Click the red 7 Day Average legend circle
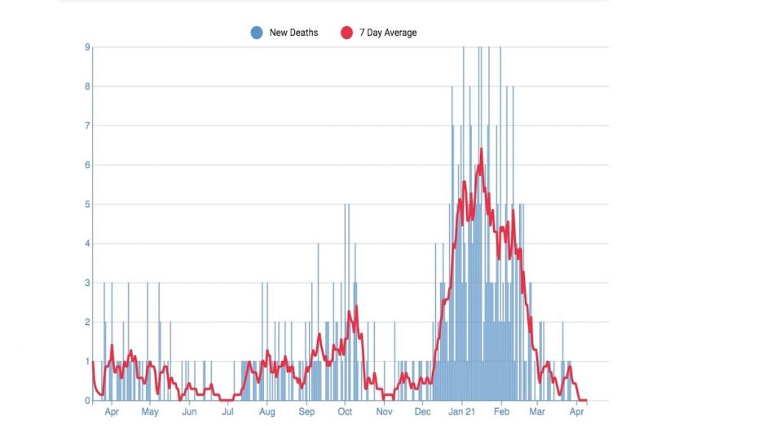(346, 33)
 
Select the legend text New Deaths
(293, 33)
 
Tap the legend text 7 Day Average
(388, 33)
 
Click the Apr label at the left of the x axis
(112, 412)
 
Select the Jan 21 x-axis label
(462, 412)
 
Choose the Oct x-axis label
(345, 412)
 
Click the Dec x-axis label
(421, 412)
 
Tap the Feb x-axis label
(502, 412)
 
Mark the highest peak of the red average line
(482, 149)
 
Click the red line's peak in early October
(350, 311)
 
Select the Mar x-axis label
(537, 412)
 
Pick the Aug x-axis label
(267, 412)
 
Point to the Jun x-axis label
(189, 412)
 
